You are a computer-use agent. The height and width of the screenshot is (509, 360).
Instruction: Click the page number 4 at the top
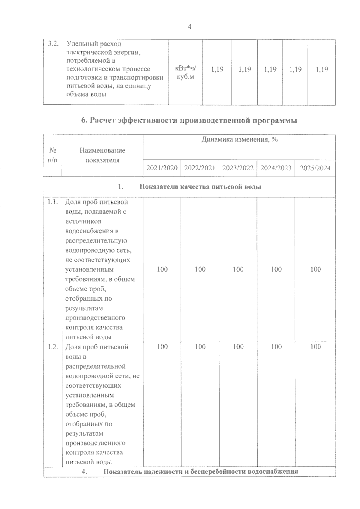coord(189,27)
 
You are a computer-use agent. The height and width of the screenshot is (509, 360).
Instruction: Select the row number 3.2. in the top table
coord(53,44)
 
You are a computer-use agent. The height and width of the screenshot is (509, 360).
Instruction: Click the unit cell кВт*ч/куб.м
coord(185,73)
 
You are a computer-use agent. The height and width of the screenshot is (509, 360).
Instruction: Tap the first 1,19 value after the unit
coord(217,70)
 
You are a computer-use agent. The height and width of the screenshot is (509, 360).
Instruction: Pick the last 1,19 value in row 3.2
coord(322,70)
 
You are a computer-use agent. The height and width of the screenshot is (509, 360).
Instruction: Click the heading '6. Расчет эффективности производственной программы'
coord(189,121)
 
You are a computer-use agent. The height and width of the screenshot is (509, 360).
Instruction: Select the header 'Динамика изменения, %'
coord(239,140)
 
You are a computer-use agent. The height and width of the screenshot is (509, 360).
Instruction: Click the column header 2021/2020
coord(162,168)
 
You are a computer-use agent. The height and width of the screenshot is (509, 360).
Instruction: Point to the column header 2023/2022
coord(238,168)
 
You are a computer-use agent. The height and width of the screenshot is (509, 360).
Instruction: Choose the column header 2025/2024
coord(315,168)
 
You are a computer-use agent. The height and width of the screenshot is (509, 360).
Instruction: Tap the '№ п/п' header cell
coord(52,155)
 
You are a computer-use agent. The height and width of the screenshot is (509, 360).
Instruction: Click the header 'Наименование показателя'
coord(102,155)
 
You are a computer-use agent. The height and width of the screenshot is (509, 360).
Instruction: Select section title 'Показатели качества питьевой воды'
coord(200,187)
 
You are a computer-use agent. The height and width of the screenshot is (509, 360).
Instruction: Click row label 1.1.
coord(52,202)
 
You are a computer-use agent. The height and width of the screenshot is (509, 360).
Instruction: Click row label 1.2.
coord(52,347)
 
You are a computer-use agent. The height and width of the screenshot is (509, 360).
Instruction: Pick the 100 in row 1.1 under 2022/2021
coord(200,269)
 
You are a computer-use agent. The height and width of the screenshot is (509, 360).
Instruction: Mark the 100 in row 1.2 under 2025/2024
coord(316,347)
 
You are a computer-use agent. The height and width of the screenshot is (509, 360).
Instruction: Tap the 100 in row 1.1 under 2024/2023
coord(276,269)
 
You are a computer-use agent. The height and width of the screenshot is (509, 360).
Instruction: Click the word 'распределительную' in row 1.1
coord(96,241)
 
